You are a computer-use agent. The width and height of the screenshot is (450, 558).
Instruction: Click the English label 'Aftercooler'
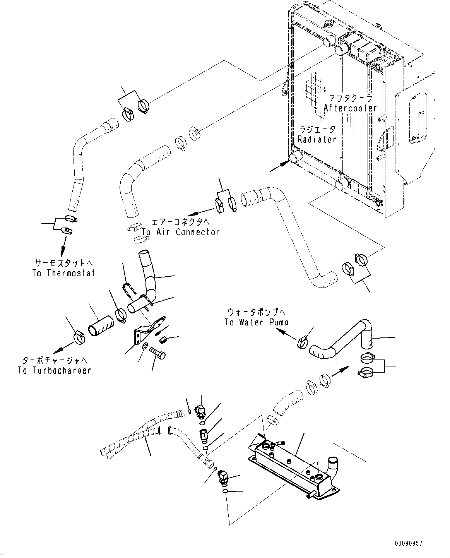click(350, 108)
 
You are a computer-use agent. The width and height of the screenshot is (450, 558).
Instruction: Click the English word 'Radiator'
click(317, 139)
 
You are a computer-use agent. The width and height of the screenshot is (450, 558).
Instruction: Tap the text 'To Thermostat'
click(64, 273)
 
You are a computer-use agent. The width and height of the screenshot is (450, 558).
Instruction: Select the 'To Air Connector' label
click(181, 232)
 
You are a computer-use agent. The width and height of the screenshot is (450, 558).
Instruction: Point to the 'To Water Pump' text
click(257, 322)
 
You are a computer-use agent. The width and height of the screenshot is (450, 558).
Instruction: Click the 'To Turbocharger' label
click(54, 370)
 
